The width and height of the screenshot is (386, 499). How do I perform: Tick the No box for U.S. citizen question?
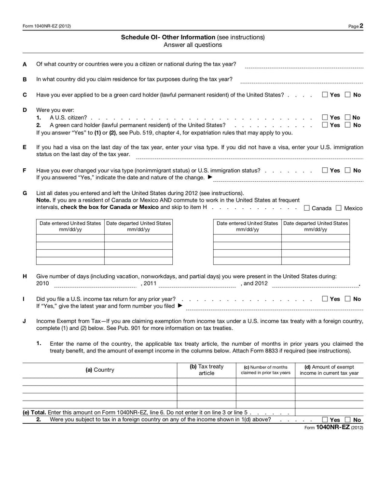348,117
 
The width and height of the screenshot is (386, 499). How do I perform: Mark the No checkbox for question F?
348,171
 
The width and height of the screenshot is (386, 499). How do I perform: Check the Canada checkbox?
306,208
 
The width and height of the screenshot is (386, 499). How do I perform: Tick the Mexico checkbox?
338,208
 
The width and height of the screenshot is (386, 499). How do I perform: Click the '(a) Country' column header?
100,370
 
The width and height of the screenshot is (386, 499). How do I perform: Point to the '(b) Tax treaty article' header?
207,370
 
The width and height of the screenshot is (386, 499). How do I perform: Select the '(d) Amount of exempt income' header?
329,370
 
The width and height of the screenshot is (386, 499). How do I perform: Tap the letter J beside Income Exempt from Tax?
25,321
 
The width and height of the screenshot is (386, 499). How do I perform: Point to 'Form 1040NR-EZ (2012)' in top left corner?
46,27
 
